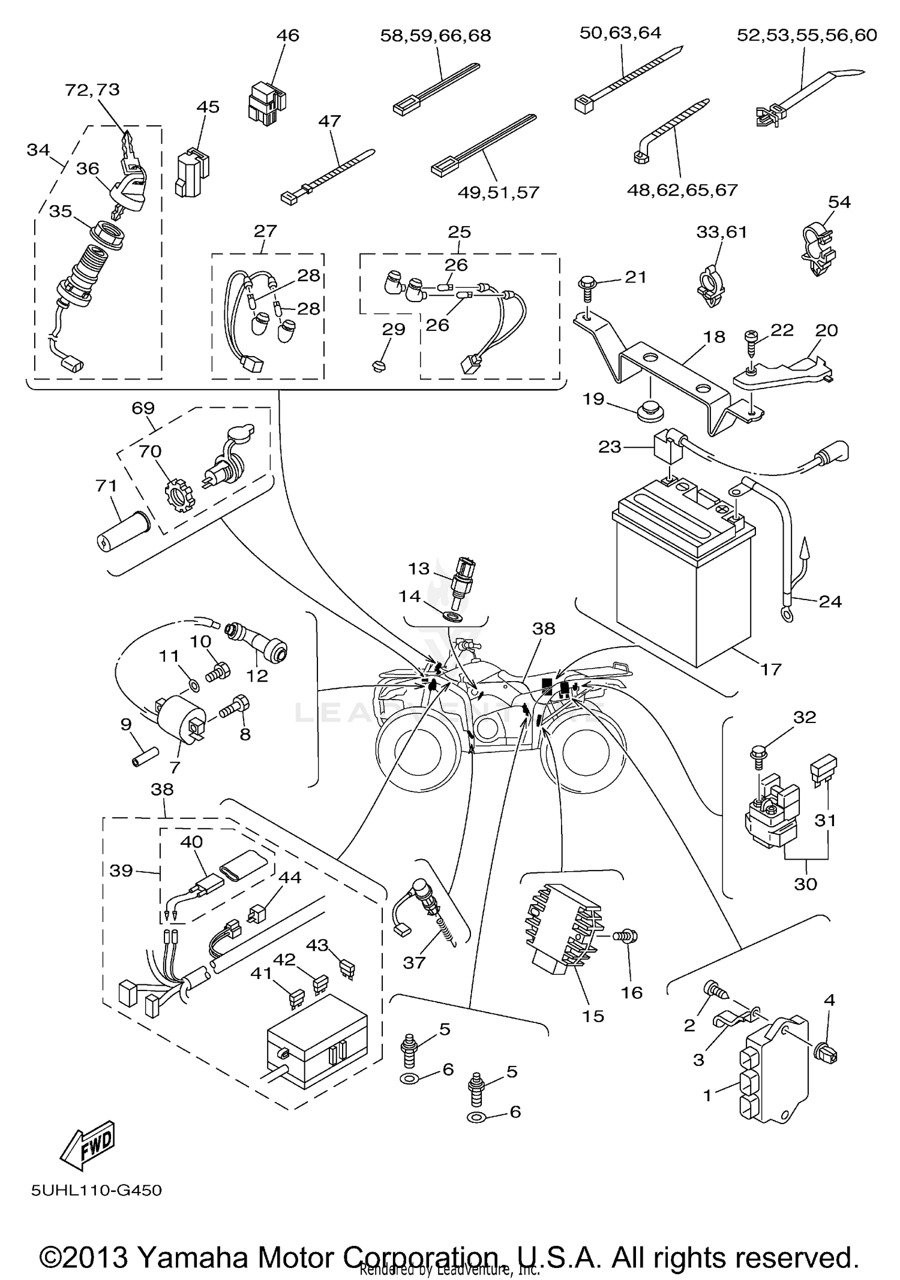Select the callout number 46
tap(287, 35)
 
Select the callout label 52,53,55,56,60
tap(806, 35)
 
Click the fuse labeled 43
tap(346, 966)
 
